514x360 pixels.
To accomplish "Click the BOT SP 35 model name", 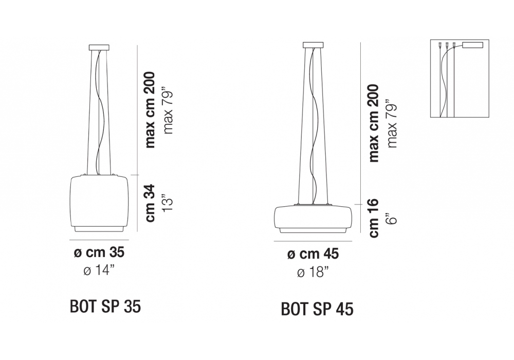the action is click(x=105, y=307).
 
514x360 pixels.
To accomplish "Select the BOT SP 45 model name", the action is click(x=317, y=309).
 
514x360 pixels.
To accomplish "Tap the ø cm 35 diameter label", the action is click(x=99, y=253).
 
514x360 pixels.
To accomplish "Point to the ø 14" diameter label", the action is click(x=99, y=271).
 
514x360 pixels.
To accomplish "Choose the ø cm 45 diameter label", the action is click(x=313, y=254).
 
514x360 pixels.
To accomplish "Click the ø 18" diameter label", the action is click(x=313, y=272).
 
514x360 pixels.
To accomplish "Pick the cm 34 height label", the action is click(x=150, y=203).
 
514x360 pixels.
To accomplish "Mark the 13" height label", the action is click(x=168, y=204).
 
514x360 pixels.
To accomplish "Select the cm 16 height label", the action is click(x=374, y=218).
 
